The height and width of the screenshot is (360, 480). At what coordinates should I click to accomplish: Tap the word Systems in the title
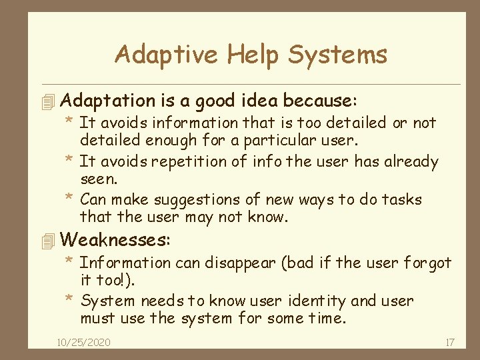point(338,55)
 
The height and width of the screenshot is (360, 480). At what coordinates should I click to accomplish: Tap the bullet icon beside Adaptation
point(46,102)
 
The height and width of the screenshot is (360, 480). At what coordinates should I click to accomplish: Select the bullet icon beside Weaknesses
point(46,240)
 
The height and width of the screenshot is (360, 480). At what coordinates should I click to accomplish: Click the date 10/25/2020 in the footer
point(84,342)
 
